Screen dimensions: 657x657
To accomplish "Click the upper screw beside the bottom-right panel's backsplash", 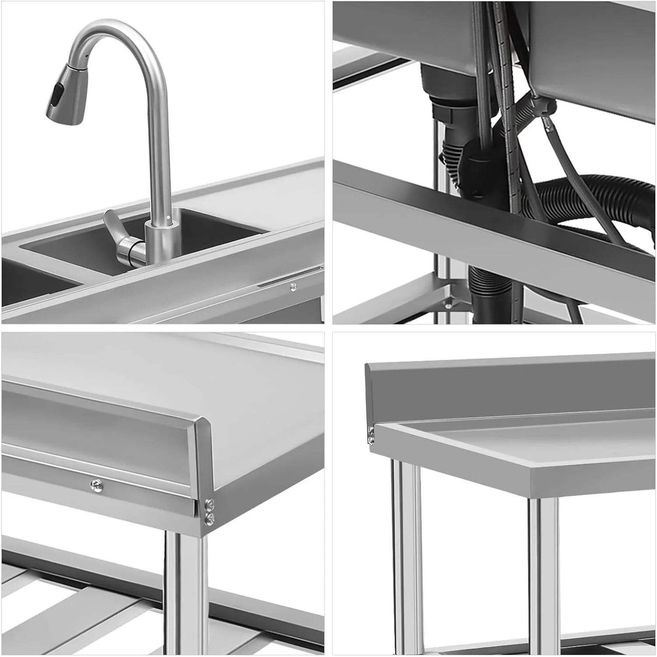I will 371,430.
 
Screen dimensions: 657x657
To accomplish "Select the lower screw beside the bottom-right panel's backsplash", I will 371,439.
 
